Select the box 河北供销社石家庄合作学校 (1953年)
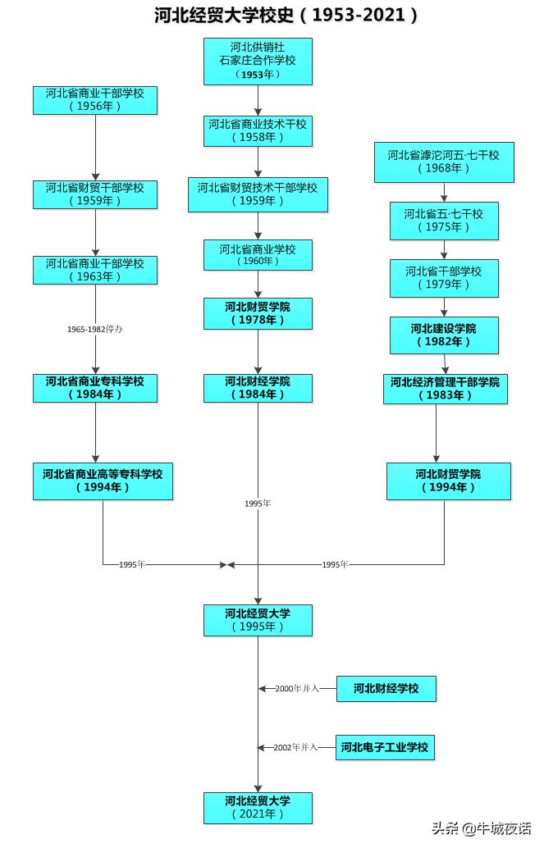click(x=258, y=62)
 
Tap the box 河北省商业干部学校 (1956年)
click(x=95, y=100)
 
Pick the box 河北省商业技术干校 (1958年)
click(x=258, y=131)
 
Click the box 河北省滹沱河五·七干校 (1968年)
click(x=444, y=162)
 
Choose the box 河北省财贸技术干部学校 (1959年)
click(x=258, y=194)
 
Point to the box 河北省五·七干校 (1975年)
click(x=444, y=221)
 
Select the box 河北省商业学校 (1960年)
click(x=258, y=255)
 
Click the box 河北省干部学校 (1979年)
click(x=444, y=278)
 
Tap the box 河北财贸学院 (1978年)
click(x=258, y=313)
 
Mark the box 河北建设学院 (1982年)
click(x=444, y=335)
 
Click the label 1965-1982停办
click(x=95, y=329)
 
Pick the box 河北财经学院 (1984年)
click(x=258, y=388)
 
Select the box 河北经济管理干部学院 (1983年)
click(x=445, y=389)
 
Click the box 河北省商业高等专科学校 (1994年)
click(x=103, y=481)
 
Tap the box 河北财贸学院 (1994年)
click(x=448, y=481)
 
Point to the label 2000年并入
click(x=296, y=689)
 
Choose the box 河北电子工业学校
click(x=385, y=747)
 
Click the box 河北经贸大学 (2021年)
click(x=258, y=807)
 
